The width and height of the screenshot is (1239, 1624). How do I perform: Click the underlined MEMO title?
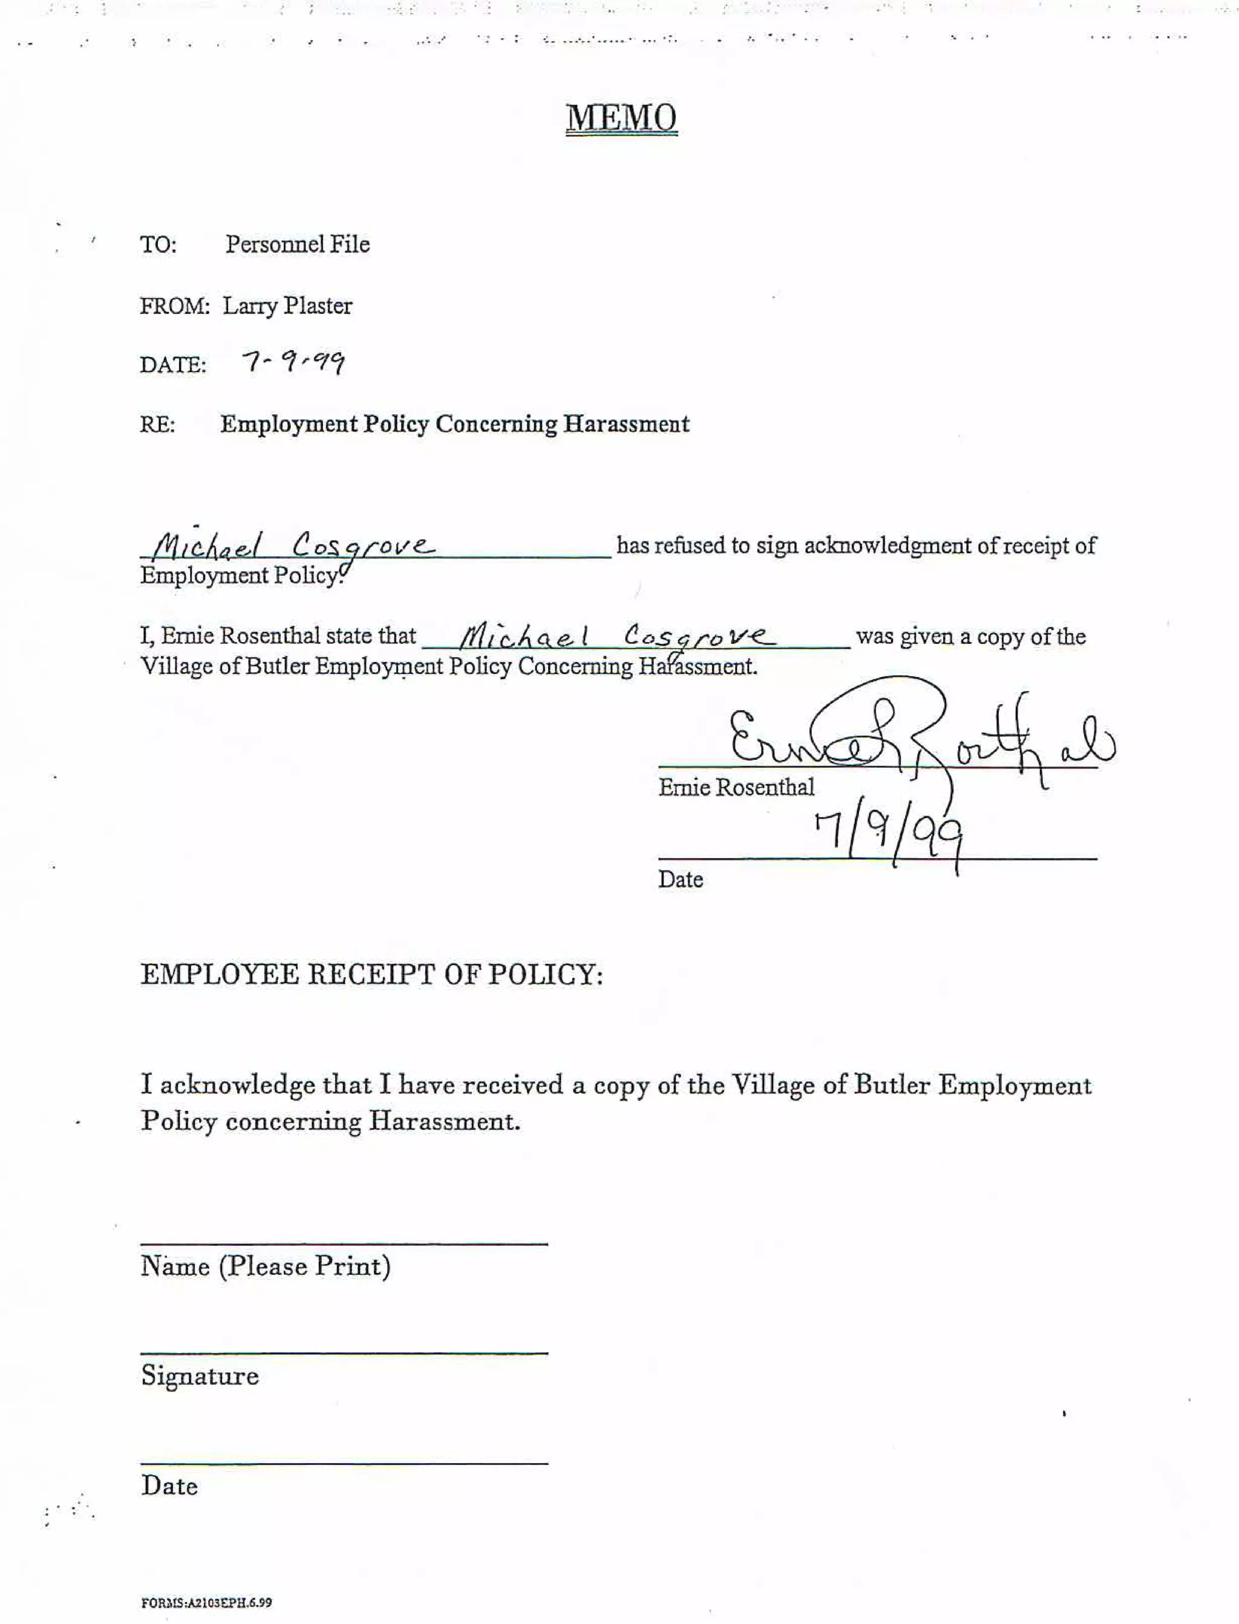[621, 118]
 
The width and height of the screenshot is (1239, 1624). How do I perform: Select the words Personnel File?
[297, 244]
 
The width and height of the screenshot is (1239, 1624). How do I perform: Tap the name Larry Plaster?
[287, 306]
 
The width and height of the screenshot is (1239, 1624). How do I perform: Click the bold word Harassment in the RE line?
[626, 424]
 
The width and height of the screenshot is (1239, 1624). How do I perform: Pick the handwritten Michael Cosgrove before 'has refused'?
[292, 546]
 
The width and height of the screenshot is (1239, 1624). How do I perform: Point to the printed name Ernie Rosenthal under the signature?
[736, 788]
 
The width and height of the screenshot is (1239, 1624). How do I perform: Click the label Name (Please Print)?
[266, 1266]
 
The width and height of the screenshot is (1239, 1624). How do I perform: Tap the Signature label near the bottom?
[200, 1375]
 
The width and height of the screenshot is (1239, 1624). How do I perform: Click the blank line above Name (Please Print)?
[344, 1244]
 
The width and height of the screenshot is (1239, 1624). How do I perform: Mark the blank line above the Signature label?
[344, 1352]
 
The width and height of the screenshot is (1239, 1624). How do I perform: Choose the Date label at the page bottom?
[169, 1485]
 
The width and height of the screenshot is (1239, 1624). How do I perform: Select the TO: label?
[159, 244]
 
